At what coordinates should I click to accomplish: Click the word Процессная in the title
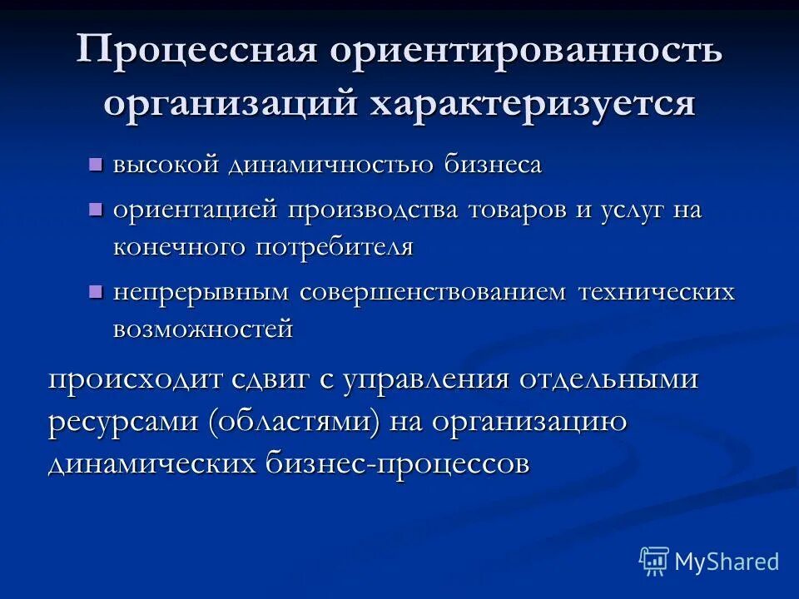pyautogui.click(x=197, y=52)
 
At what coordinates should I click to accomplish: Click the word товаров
pyautogui.click(x=520, y=210)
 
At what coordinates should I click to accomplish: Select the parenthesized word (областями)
pyautogui.click(x=295, y=421)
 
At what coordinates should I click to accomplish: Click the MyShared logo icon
pyautogui.click(x=653, y=561)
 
